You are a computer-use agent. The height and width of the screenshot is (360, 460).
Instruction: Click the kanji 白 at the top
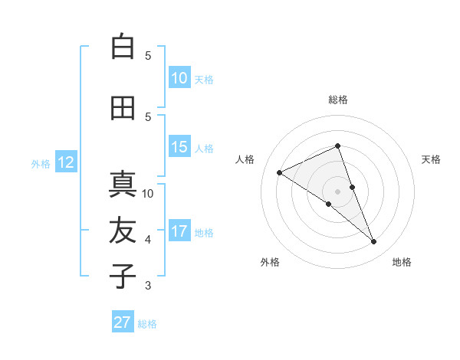click(123, 47)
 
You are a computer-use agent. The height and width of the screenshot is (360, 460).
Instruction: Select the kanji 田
click(123, 108)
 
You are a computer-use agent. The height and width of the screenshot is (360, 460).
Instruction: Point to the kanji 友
click(123, 231)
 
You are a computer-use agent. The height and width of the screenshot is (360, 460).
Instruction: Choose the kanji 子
click(123, 277)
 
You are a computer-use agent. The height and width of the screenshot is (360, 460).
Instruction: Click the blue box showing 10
click(179, 78)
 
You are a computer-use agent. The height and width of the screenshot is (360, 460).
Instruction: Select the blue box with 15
click(179, 147)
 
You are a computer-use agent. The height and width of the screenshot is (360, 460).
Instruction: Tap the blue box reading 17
click(179, 231)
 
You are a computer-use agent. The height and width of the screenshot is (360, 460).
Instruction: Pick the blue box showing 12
click(65, 162)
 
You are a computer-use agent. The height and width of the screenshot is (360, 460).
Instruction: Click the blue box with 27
click(123, 322)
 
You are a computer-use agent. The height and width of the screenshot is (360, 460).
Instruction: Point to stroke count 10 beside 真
click(148, 193)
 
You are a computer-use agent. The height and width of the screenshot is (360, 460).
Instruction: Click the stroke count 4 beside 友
click(148, 240)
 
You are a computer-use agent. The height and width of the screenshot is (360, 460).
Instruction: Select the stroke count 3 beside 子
click(148, 286)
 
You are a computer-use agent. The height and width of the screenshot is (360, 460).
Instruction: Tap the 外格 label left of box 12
click(41, 163)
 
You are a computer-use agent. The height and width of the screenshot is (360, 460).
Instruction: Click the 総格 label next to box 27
click(147, 324)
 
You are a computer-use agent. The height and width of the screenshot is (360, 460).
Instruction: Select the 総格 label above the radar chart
click(338, 100)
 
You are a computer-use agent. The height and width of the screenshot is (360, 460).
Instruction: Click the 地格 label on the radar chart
click(402, 262)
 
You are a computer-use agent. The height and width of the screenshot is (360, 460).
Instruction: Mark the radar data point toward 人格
click(280, 172)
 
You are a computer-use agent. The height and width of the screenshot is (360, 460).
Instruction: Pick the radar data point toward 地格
click(374, 242)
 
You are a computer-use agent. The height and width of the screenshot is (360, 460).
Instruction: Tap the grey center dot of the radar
click(337, 191)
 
